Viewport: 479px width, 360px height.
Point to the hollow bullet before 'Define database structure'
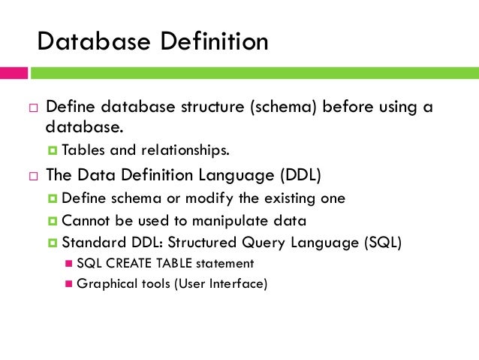pyautogui.click(x=33, y=107)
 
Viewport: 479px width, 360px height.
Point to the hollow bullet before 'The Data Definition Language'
pyautogui.click(x=33, y=177)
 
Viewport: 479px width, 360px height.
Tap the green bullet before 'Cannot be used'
pyautogui.click(x=53, y=221)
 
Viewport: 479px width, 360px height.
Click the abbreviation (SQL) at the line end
pyautogui.click(x=380, y=244)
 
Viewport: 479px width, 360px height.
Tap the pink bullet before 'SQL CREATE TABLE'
pyautogui.click(x=70, y=264)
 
